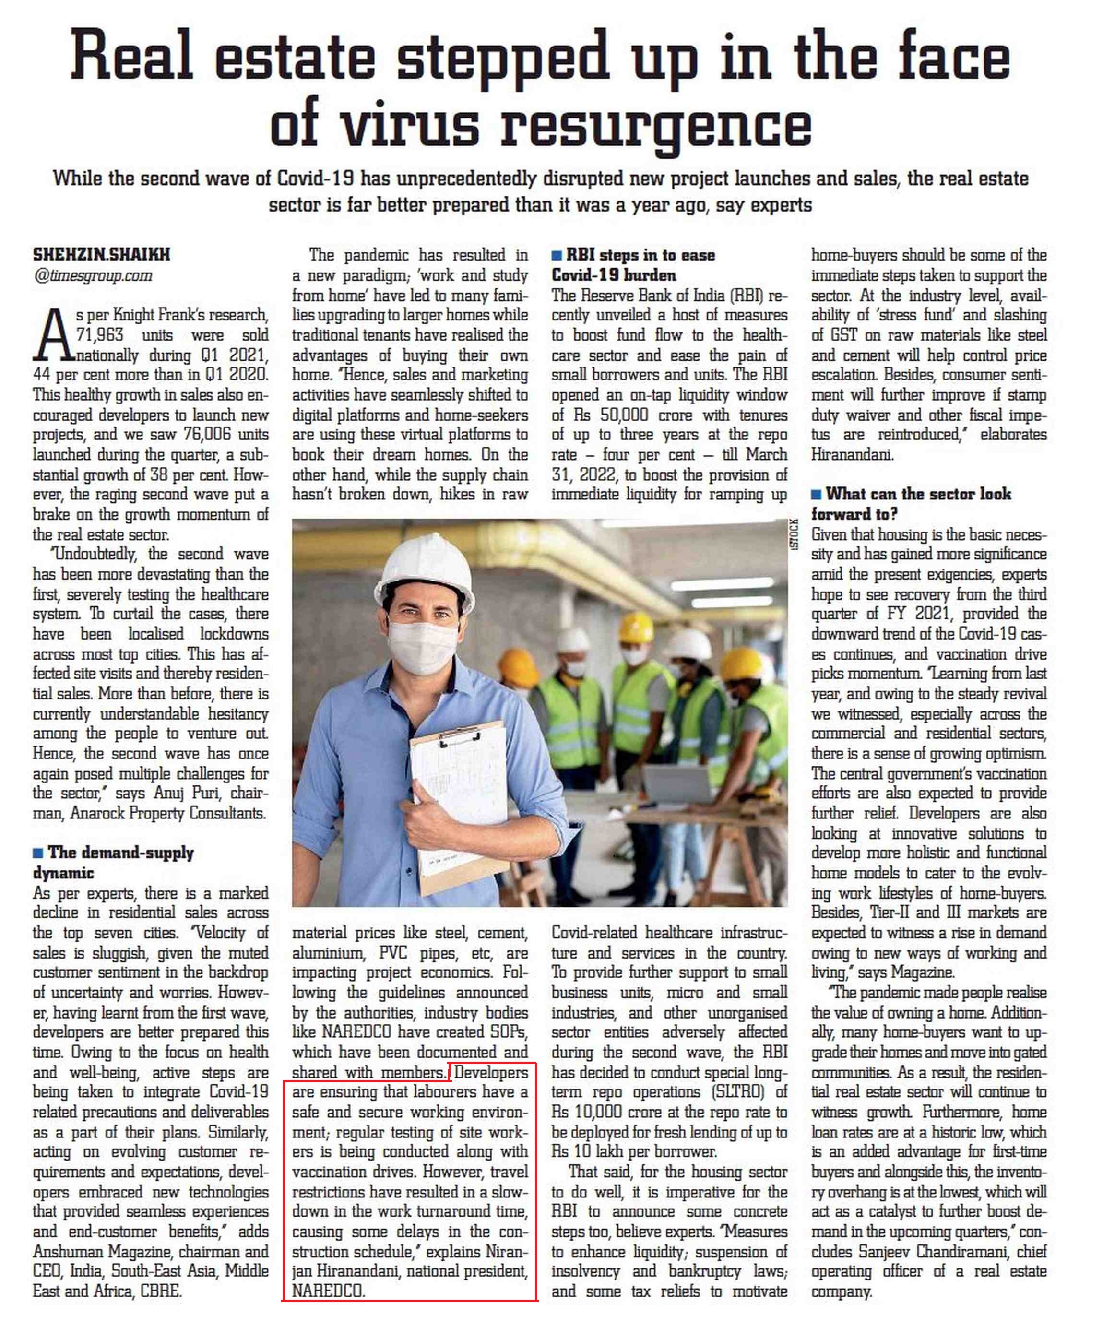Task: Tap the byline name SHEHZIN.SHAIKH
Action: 101,255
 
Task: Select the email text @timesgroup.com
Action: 93,275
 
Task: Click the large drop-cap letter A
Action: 52,335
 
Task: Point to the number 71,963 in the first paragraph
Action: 100,334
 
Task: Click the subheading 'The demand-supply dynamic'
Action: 114,862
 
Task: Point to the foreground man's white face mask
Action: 422,646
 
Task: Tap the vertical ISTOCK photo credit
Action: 794,533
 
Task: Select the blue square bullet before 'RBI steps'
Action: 556,255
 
